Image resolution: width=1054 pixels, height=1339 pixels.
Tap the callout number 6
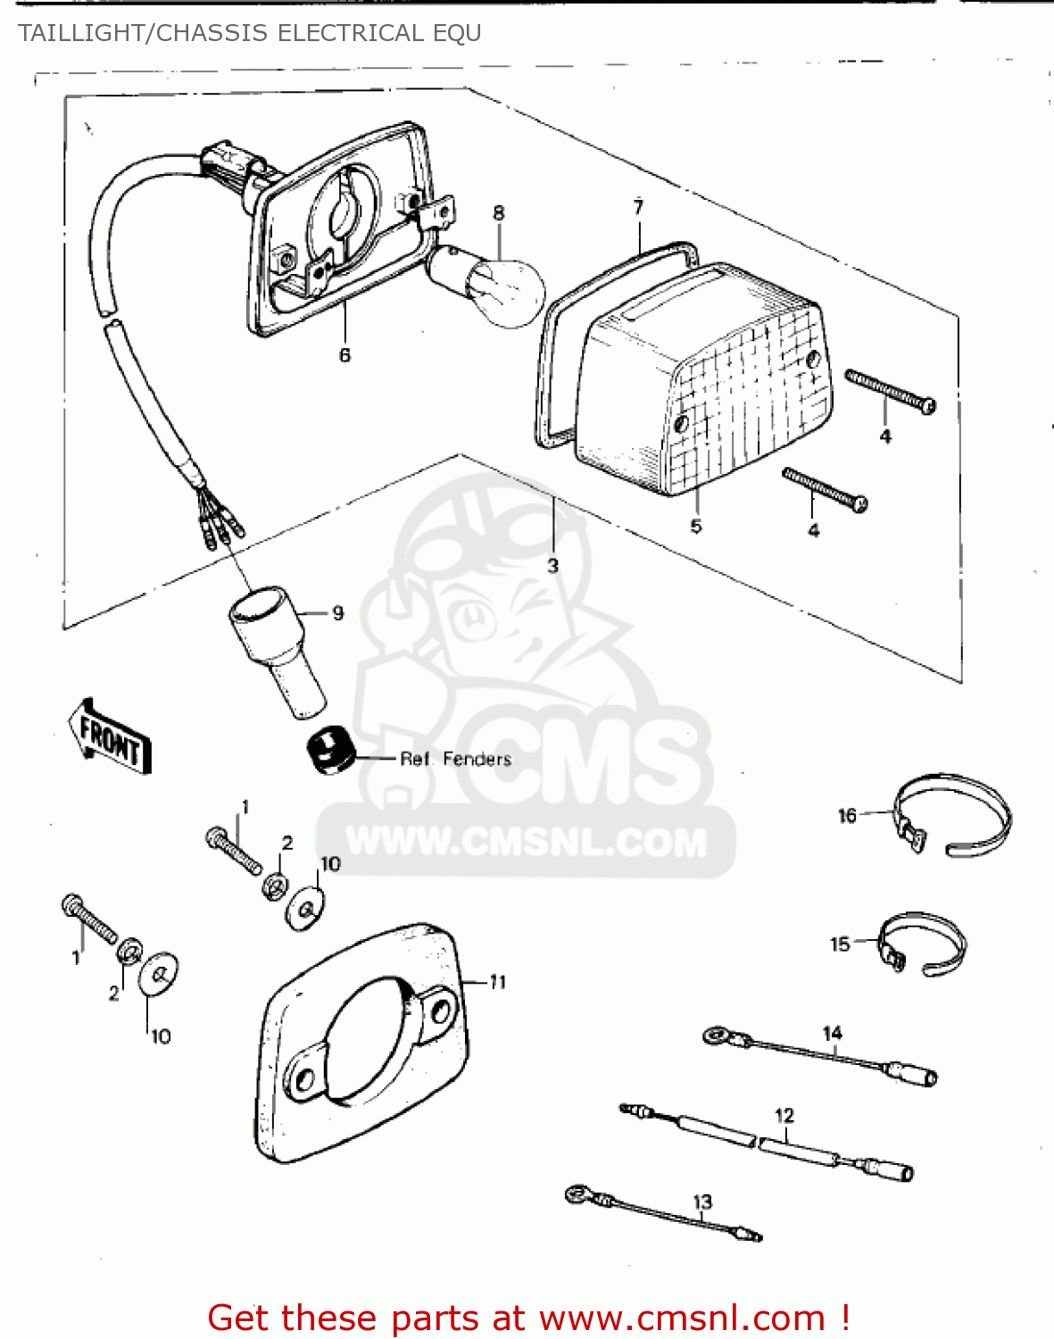(344, 355)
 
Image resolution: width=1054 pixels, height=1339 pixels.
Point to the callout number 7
(638, 207)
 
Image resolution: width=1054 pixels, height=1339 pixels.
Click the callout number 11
(498, 982)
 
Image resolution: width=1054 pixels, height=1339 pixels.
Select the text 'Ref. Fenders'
(455, 760)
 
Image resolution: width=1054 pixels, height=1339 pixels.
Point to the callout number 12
(784, 1116)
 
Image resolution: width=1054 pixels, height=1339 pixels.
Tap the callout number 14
(832, 1034)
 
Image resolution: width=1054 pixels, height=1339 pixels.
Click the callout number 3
(552, 566)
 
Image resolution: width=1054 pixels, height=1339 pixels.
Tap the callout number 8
(498, 213)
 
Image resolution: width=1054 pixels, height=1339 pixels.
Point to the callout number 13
(702, 1202)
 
